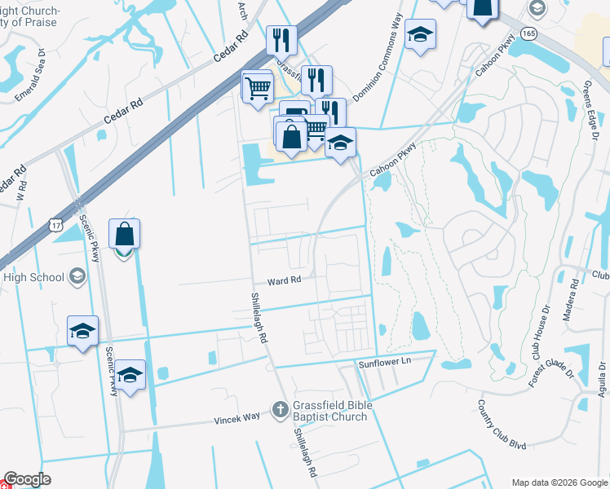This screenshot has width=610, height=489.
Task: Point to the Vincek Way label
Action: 237,416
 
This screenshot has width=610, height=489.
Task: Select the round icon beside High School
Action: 77,277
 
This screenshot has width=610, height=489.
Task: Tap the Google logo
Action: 27,479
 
